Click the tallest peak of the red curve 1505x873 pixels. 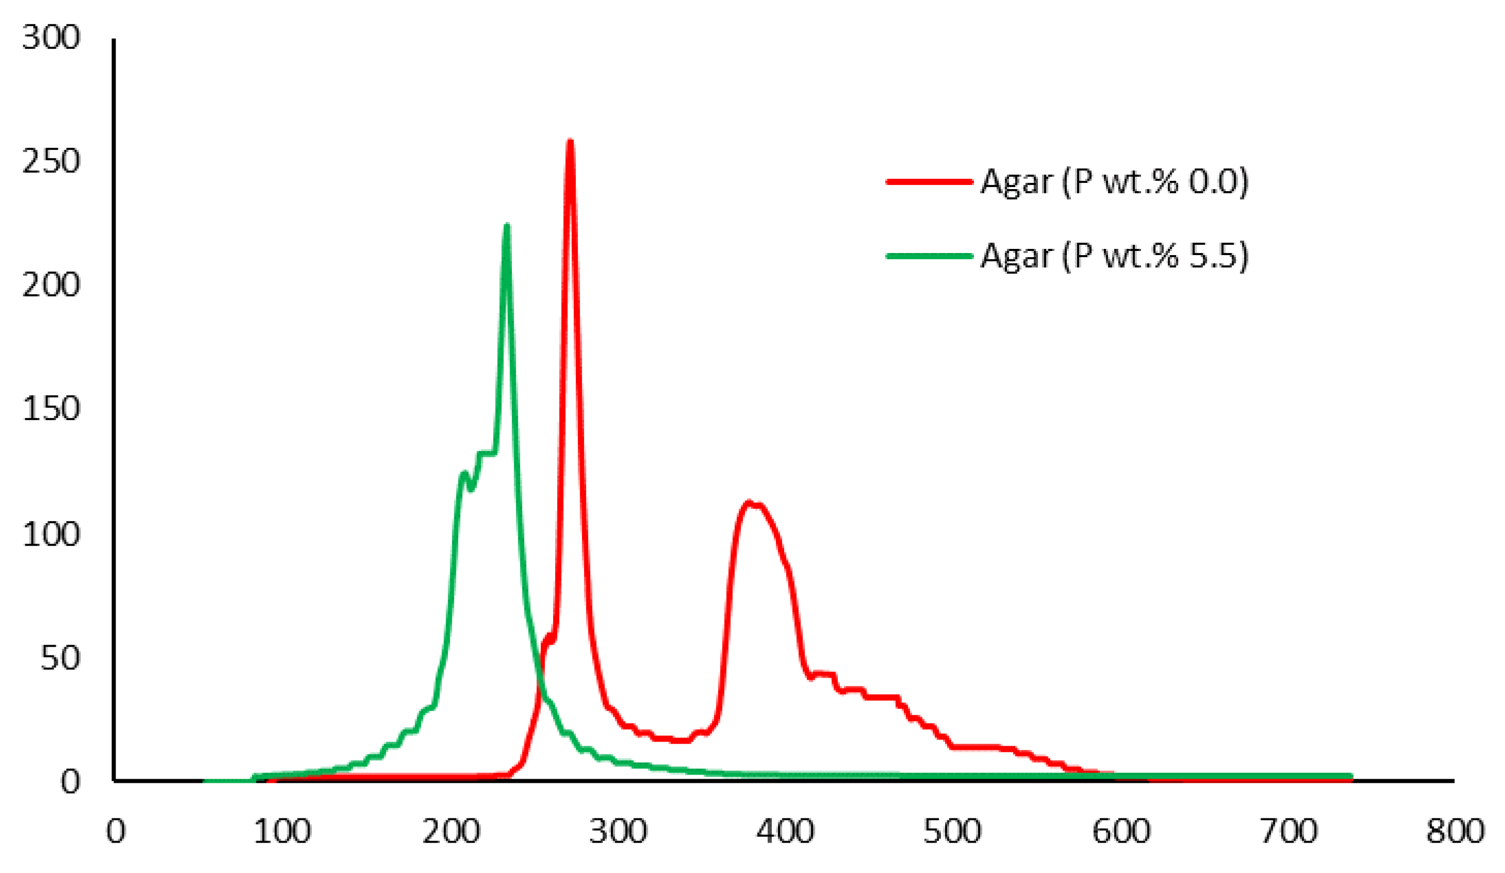coord(570,142)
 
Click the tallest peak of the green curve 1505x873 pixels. coord(506,226)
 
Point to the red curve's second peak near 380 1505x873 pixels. coord(748,503)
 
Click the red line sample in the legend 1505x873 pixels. coord(929,181)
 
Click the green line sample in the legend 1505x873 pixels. coord(929,256)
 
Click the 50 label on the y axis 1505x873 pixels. coord(60,658)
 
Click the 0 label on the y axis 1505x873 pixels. coord(70,781)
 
